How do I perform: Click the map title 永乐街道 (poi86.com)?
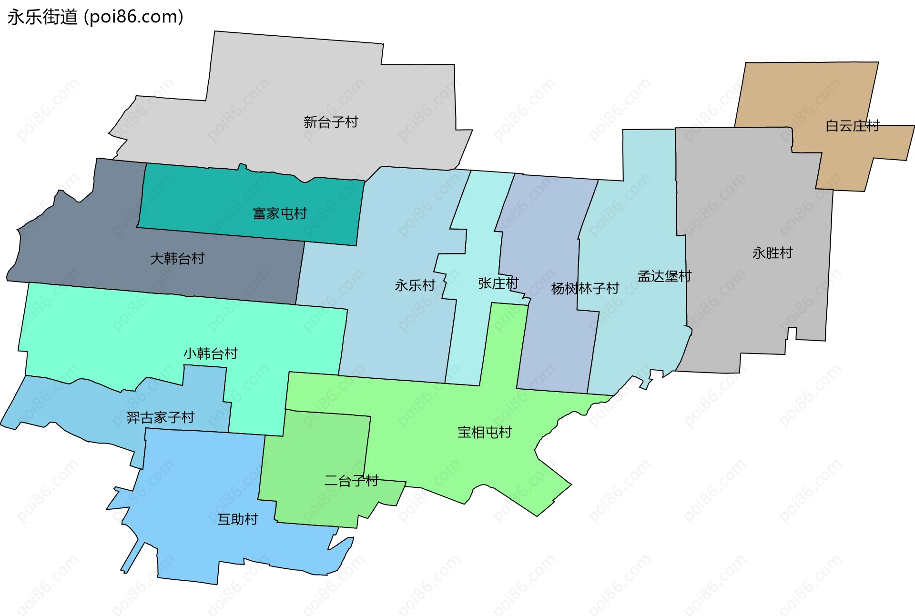click(95, 17)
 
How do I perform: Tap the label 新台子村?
click(331, 122)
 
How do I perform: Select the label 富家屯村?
click(280, 213)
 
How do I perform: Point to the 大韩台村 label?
click(177, 259)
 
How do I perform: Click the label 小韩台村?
click(210, 353)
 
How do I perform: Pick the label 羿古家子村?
click(161, 418)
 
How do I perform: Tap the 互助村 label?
click(237, 519)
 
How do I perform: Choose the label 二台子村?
click(351, 481)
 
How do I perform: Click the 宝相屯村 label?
click(484, 432)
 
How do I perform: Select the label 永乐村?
click(415, 285)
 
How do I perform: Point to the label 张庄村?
click(498, 283)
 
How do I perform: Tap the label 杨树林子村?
click(585, 288)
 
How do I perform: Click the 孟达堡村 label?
click(664, 276)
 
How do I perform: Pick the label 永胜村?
click(772, 253)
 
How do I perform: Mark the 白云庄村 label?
click(852, 126)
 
